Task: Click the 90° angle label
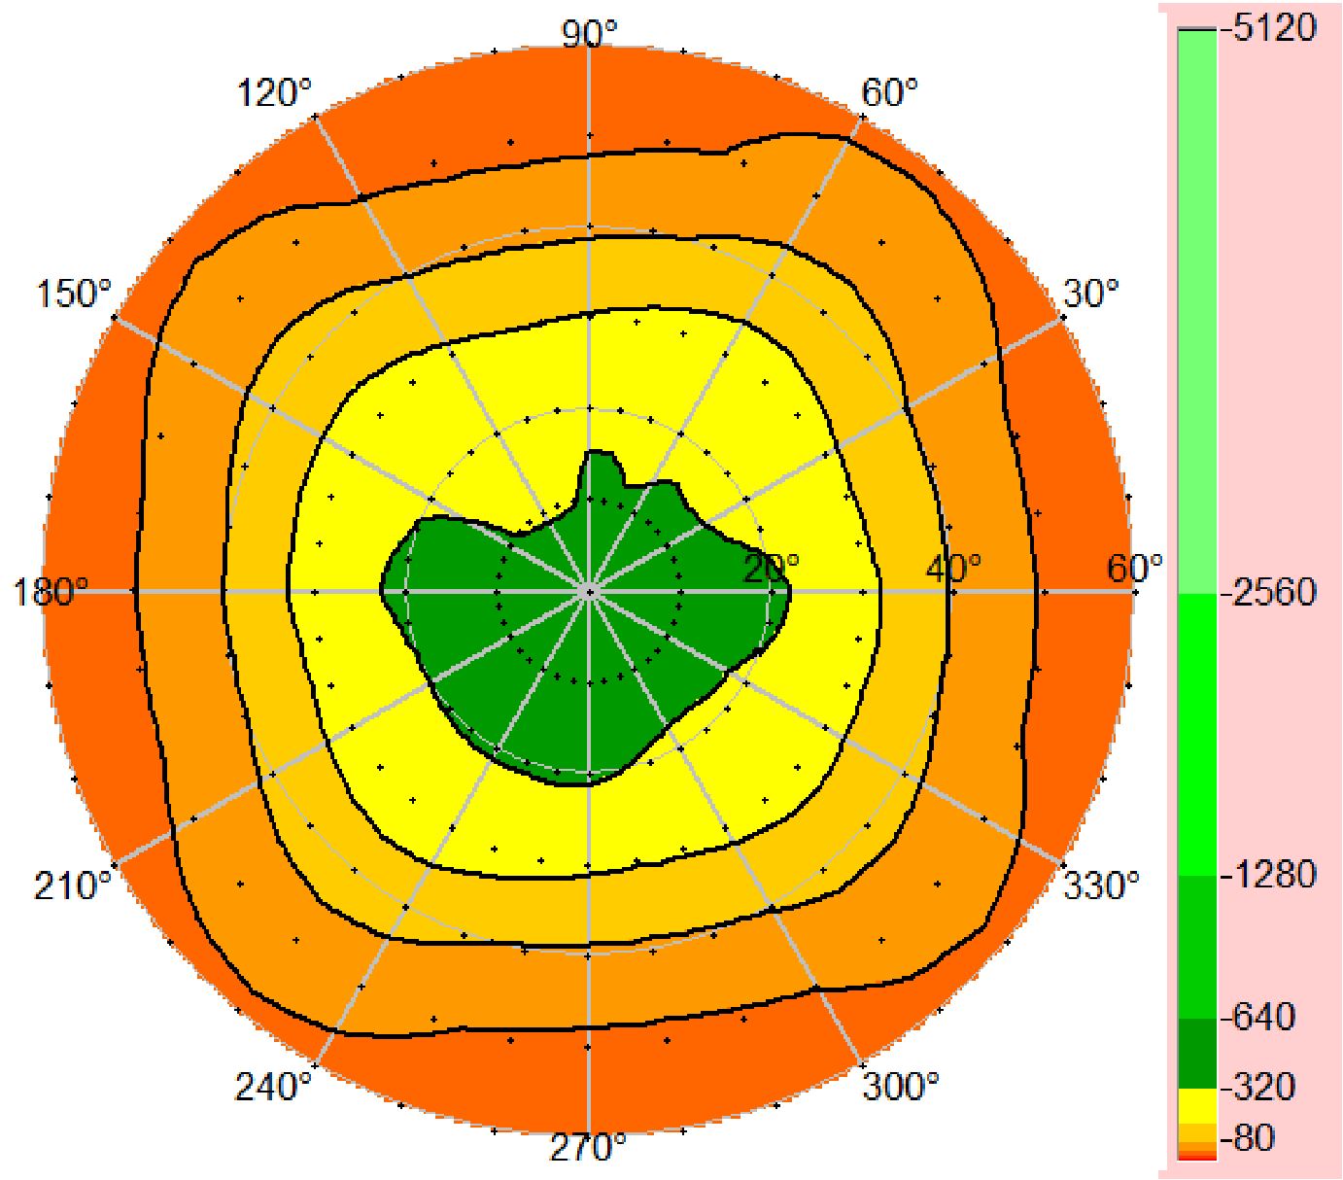590,33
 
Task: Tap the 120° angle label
275,94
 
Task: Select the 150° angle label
75,293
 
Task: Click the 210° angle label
73,886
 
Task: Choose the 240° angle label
273,1086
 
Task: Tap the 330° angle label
1100,886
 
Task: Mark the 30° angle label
1090,293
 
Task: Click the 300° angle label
901,1086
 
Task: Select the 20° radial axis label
772,568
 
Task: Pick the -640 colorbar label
1260,1017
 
